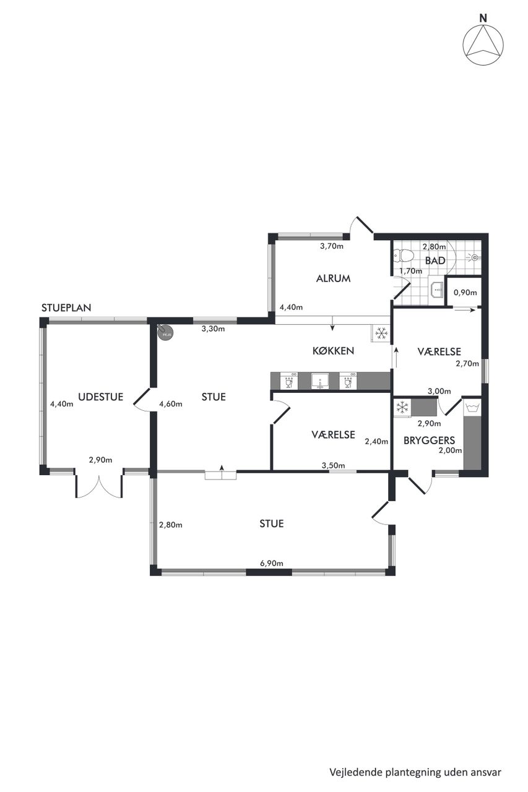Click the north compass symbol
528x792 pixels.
tap(482, 41)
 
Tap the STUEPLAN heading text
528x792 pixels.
tap(66, 308)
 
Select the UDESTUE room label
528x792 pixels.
tap(101, 397)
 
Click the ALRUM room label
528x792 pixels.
tap(333, 278)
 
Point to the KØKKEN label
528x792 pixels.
tap(333, 351)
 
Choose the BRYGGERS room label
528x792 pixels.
tap(429, 440)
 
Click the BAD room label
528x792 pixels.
tap(435, 260)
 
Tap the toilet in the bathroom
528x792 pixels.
tap(403, 256)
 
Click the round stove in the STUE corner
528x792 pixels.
tap(165, 332)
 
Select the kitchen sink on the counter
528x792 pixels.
tap(321, 381)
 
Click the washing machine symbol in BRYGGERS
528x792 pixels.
tap(472, 408)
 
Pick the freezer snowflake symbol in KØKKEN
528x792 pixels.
tap(381, 333)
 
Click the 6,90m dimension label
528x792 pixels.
tap(272, 563)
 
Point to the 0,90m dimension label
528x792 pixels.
tap(465, 293)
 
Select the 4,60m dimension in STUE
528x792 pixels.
tap(171, 404)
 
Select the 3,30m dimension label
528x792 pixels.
tap(214, 329)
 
